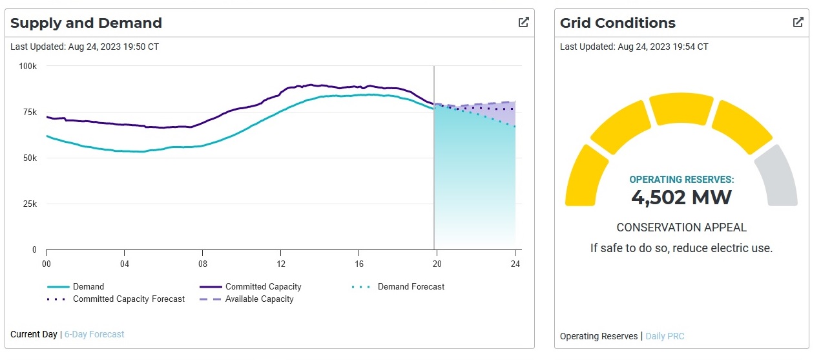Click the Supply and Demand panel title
click(86, 23)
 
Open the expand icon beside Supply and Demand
click(524, 22)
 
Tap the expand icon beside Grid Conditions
click(798, 22)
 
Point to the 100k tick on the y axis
click(28, 66)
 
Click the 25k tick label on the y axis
click(29, 204)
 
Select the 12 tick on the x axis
click(280, 264)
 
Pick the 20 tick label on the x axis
click(437, 264)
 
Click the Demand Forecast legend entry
click(411, 286)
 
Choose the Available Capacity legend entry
click(259, 299)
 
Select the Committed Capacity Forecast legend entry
click(129, 299)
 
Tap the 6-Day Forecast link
click(94, 334)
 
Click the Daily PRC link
click(665, 336)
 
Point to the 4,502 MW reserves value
click(681, 197)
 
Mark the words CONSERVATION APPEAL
click(681, 228)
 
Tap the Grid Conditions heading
click(618, 23)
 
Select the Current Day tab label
click(34, 334)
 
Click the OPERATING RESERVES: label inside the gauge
click(681, 180)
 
